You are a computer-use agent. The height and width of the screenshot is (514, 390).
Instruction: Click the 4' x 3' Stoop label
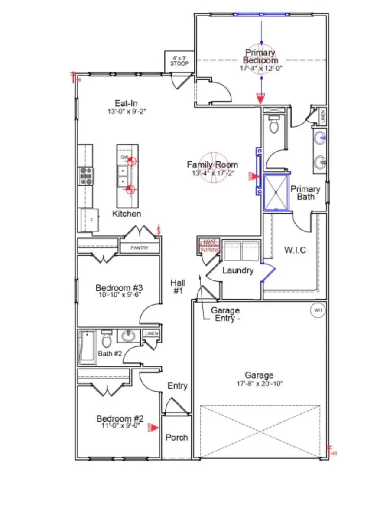(x=179, y=61)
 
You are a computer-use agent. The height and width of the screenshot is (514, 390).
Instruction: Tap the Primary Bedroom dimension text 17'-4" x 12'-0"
(x=261, y=68)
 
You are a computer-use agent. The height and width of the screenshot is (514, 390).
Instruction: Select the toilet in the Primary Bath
(x=273, y=125)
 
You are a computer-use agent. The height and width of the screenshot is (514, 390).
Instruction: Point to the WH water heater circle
(x=318, y=310)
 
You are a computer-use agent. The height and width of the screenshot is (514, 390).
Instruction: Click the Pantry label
(x=140, y=248)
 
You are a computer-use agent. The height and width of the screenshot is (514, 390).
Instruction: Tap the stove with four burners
(x=86, y=176)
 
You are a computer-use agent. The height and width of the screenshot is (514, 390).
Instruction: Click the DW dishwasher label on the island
(x=124, y=158)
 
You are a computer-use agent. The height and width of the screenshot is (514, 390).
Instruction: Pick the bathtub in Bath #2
(x=87, y=347)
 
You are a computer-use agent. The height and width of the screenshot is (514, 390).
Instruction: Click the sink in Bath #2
(x=128, y=336)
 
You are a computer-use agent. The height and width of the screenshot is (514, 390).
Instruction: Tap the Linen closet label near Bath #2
(x=152, y=333)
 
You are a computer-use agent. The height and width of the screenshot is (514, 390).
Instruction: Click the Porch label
(x=177, y=437)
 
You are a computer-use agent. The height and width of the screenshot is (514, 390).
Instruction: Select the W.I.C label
(x=296, y=250)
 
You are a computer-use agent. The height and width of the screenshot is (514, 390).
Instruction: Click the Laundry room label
(x=238, y=270)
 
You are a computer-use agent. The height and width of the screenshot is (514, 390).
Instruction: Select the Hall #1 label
(x=178, y=287)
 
